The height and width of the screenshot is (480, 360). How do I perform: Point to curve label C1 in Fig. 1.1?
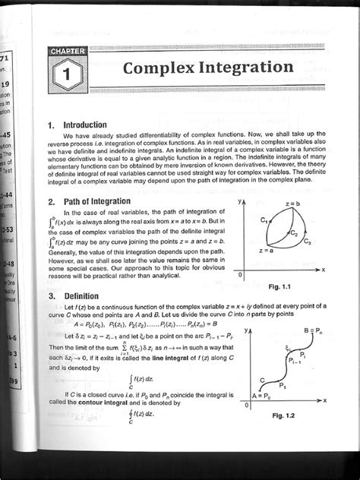[x=263, y=220]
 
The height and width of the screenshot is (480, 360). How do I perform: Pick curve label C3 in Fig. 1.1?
[x=306, y=242]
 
